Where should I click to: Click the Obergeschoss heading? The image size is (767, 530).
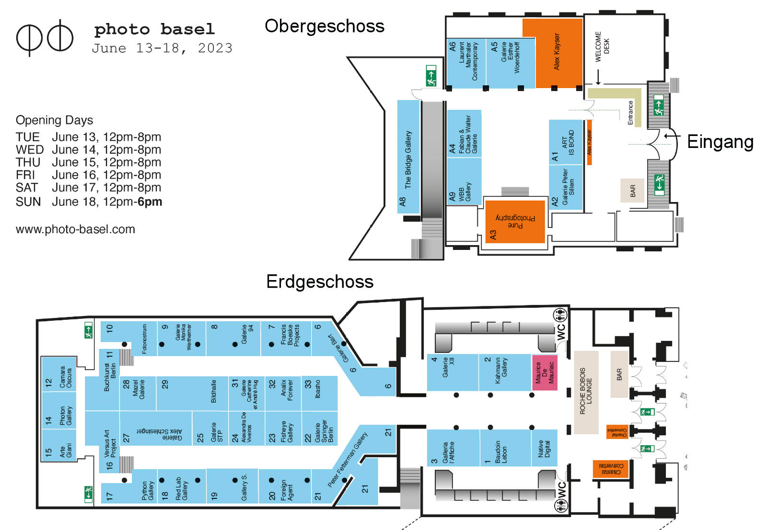[324, 26]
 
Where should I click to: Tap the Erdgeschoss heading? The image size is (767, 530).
[319, 282]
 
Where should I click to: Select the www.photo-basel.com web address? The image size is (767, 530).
[75, 229]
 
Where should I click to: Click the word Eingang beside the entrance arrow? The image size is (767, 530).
[720, 142]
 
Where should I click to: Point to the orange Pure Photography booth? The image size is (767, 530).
[515, 222]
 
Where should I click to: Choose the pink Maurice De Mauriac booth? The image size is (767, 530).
[545, 372]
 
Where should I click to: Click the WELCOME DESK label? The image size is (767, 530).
[602, 46]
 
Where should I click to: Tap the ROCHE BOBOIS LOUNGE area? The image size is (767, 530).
[586, 392]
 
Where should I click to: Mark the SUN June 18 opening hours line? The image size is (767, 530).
[89, 202]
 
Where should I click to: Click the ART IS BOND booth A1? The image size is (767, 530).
[566, 143]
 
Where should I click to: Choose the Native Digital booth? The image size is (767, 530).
[544, 448]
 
